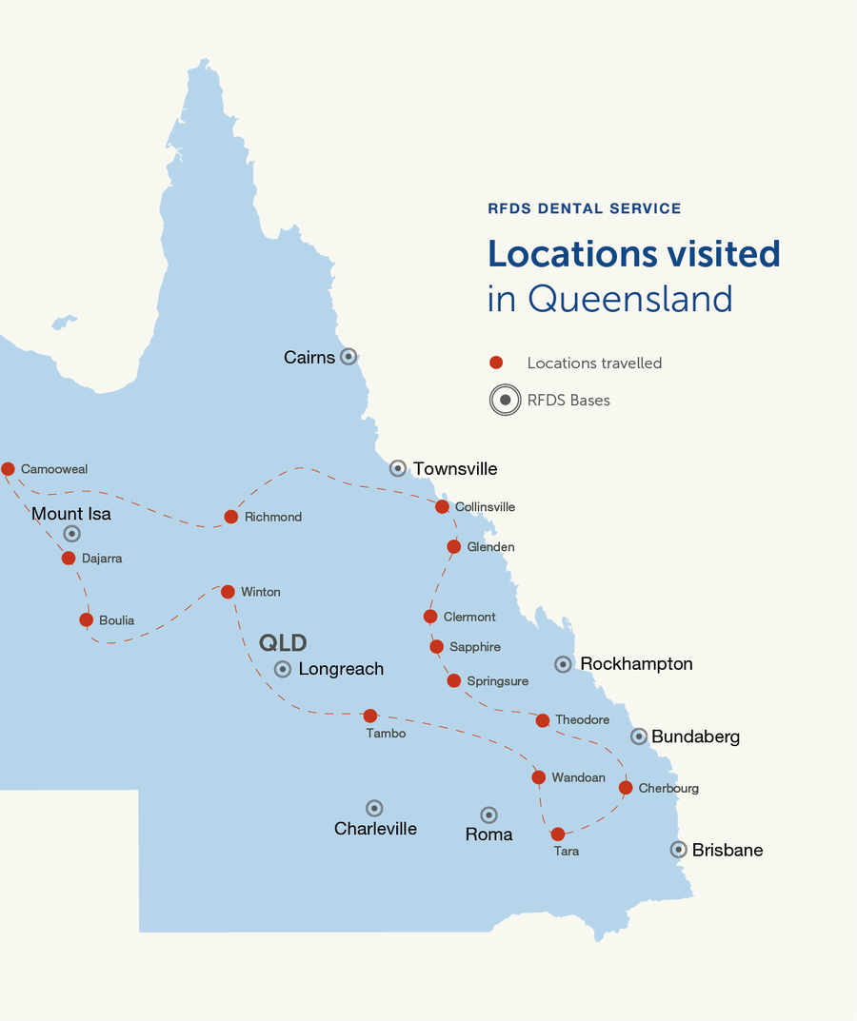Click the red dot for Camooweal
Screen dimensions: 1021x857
coord(8,468)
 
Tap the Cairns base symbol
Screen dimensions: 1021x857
coord(349,357)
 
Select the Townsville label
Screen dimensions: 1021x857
coord(455,468)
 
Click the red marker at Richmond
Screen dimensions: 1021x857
coord(230,517)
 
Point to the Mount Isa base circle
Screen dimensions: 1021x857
coord(71,534)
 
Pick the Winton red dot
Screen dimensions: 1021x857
coord(228,592)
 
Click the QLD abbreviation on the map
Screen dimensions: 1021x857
coord(283,642)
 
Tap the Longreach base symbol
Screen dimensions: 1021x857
coord(283,669)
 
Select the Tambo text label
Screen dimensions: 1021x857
coord(386,733)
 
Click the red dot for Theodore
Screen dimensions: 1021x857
coord(542,720)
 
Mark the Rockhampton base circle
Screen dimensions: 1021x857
coord(564,664)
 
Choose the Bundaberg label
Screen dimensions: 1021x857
coord(695,736)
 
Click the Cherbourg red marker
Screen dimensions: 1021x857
coord(626,788)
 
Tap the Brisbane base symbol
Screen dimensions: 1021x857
coord(678,850)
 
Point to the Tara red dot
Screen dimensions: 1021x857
coord(558,834)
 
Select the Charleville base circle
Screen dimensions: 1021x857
coord(374,808)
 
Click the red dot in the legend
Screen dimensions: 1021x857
coord(495,363)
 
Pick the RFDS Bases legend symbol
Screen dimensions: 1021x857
coord(505,400)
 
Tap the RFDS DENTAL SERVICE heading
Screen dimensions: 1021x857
coord(584,208)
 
